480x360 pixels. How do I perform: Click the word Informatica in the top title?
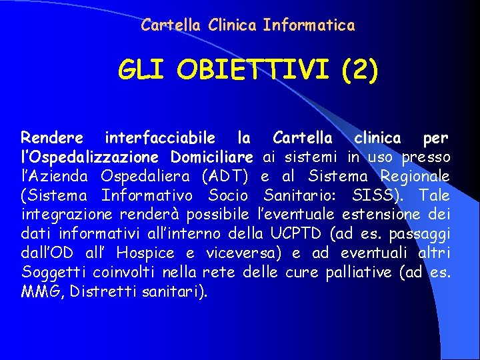pyautogui.click(x=309, y=25)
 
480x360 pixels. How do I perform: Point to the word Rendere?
pyautogui.click(x=52, y=138)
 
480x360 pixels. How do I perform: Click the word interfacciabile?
pyautogui.click(x=160, y=138)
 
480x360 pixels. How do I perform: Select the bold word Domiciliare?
pyautogui.click(x=211, y=157)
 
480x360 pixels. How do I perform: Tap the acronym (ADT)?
pyautogui.click(x=224, y=177)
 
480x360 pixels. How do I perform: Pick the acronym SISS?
pyautogui.click(x=377, y=196)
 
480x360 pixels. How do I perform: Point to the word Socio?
pyautogui.click(x=227, y=196)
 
